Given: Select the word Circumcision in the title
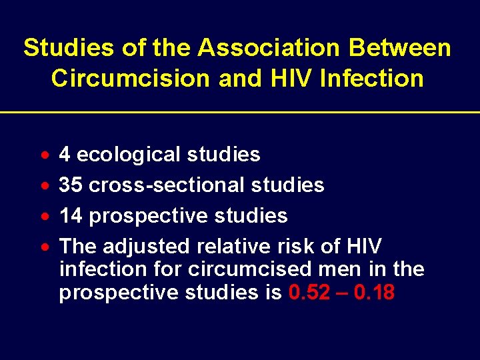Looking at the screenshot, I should [130, 78].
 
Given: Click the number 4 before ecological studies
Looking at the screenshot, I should [65, 155].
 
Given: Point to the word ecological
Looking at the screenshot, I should [129, 155].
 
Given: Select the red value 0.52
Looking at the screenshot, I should [309, 293].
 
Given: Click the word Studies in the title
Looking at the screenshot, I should [61, 48].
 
